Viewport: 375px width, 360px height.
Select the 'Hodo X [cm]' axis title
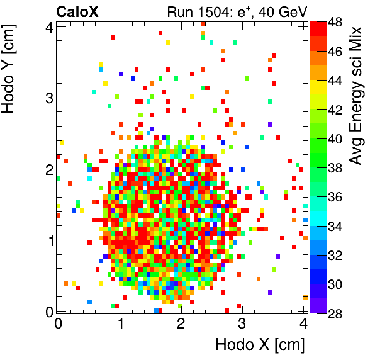coord(260,345)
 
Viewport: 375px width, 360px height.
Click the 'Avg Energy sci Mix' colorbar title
coord(355,95)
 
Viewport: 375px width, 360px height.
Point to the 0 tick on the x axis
coord(58,323)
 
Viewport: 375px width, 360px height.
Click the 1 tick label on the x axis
coord(119,323)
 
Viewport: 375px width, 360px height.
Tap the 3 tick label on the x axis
coord(242,323)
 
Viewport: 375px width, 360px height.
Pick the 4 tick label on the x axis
coord(303,323)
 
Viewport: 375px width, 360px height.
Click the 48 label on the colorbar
coord(335,22)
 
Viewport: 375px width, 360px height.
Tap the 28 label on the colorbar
coord(335,313)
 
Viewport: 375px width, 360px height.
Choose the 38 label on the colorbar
coord(335,167)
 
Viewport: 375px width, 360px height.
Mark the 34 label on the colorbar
coord(335,226)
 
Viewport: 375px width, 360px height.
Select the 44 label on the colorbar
coord(335,81)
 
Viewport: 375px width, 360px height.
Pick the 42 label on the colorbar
coord(335,110)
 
